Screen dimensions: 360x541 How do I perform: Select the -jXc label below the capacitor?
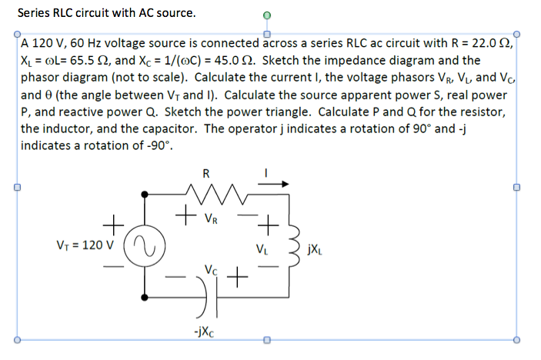pos(204,332)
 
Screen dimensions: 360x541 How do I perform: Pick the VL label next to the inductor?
pos(262,248)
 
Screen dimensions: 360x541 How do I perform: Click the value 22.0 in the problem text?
pos(479,43)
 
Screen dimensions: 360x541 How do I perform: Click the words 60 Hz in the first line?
pos(75,43)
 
